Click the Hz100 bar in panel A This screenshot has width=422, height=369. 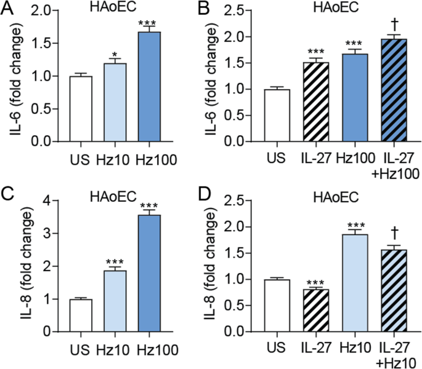[148, 87]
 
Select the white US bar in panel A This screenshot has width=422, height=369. [80, 109]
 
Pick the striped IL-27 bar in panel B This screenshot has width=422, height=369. [315, 102]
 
